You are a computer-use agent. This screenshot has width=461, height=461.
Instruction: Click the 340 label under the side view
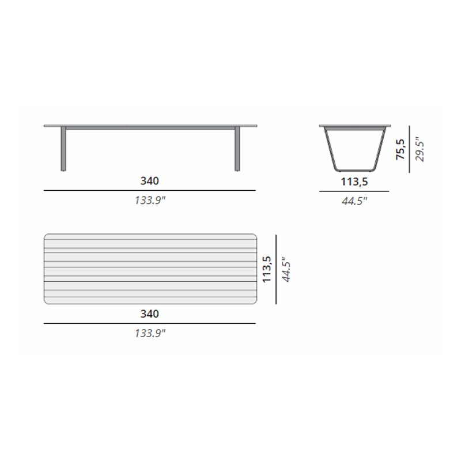click(x=150, y=181)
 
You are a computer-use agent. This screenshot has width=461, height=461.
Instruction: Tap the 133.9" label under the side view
click(x=150, y=200)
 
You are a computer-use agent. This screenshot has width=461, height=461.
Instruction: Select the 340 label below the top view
click(x=150, y=313)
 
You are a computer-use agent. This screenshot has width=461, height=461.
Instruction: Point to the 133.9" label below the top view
click(x=150, y=333)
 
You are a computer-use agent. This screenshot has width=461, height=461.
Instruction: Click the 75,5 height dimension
click(x=400, y=149)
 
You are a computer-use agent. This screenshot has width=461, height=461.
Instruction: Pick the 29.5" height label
click(x=420, y=149)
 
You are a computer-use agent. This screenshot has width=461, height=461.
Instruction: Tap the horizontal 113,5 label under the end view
click(x=354, y=182)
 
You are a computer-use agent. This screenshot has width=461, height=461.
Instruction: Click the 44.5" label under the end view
click(x=354, y=201)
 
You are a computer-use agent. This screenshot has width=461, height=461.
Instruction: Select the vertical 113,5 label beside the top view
click(x=266, y=269)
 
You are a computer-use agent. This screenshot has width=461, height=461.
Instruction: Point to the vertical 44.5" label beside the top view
click(x=286, y=269)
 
